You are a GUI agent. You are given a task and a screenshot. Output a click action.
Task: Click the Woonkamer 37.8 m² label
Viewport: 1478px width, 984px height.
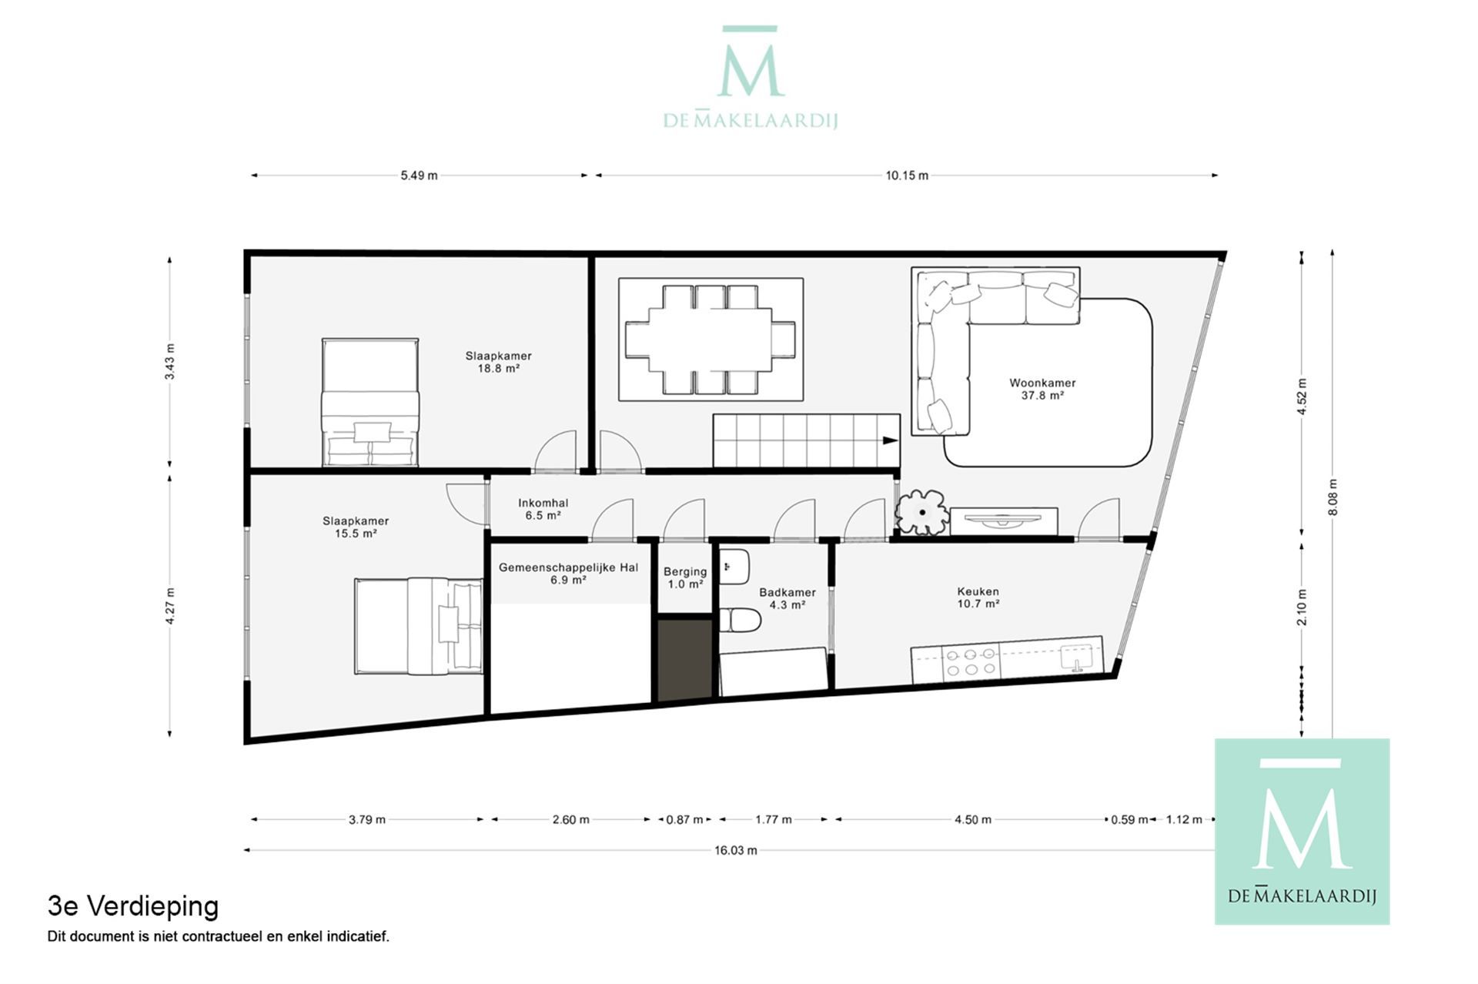1042,389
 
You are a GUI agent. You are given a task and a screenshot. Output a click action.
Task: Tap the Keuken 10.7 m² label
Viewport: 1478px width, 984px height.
978,597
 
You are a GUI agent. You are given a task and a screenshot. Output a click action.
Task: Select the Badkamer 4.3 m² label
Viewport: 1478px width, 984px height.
787,598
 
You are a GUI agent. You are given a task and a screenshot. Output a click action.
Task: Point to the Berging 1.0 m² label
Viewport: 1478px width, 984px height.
684,577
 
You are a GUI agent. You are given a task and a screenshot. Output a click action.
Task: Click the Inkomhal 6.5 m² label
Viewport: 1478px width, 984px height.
543,509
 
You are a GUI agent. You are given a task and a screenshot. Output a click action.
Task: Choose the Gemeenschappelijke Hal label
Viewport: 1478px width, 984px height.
568,573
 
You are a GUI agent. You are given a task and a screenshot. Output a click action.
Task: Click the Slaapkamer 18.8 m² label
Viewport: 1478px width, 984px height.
498,362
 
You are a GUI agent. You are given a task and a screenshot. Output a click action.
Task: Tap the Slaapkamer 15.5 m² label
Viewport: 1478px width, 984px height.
356,527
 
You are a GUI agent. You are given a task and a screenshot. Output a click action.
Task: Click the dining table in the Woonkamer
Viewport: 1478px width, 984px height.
710,339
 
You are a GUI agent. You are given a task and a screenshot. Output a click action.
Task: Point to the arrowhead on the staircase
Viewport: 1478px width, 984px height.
890,440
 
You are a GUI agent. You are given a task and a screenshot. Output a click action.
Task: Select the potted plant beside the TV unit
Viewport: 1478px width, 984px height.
921,512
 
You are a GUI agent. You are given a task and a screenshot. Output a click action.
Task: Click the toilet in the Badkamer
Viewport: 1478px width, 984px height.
740,620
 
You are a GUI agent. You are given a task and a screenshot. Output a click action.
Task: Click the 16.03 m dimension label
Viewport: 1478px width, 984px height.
735,850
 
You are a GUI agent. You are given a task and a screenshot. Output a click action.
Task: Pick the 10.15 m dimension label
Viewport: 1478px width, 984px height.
906,176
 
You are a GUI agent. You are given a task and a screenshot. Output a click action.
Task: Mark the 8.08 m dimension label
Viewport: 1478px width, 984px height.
1333,497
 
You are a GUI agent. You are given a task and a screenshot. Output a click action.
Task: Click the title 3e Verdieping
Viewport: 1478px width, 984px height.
133,906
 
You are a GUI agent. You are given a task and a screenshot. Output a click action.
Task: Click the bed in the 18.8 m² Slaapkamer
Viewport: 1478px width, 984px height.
370,403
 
